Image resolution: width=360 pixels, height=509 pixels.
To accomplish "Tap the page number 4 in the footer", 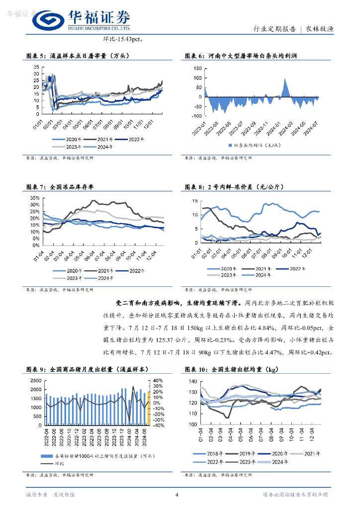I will pyautogui.click(x=177, y=495).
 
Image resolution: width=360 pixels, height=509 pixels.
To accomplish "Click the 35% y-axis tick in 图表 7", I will pyautogui.click(x=34, y=198).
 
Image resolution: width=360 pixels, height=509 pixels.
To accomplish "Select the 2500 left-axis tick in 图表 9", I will pyautogui.click(x=36, y=380).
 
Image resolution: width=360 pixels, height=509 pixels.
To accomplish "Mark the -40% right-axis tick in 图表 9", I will pyautogui.click(x=159, y=425).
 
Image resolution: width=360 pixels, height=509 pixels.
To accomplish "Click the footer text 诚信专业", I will pyautogui.click(x=37, y=495).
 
